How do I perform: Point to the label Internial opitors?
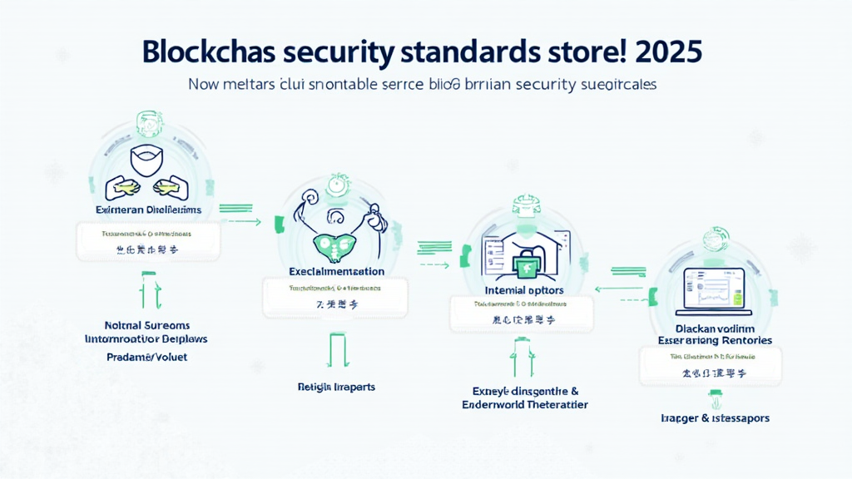pyautogui.click(x=523, y=290)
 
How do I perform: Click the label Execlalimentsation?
pyautogui.click(x=336, y=271)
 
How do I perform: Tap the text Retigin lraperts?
pyautogui.click(x=336, y=387)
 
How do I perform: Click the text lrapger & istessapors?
pyautogui.click(x=715, y=417)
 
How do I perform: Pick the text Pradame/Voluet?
pyautogui.click(x=146, y=357)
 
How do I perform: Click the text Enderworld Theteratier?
pyautogui.click(x=525, y=404)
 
